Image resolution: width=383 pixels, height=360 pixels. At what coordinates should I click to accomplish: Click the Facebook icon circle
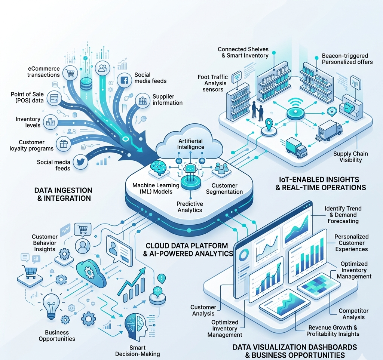[x=124, y=79]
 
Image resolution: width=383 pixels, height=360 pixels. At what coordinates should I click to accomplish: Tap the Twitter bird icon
[x=79, y=161]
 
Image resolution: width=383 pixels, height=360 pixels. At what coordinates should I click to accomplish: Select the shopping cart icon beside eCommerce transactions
[x=70, y=73]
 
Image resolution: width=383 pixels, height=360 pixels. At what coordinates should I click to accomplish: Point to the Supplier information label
[x=167, y=99]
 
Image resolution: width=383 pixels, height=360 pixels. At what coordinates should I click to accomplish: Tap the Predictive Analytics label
[x=190, y=207]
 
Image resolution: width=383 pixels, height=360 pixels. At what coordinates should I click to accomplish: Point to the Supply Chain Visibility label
[x=350, y=157]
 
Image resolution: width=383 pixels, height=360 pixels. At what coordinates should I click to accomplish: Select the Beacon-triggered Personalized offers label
[x=347, y=59]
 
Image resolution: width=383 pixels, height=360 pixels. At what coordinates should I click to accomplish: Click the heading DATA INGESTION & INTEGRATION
[x=63, y=194]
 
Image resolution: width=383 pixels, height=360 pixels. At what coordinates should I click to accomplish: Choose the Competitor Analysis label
[x=353, y=314]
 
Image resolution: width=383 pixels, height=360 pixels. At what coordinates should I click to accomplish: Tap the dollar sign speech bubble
[x=162, y=278]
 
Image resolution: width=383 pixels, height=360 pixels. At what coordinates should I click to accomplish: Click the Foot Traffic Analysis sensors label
[x=213, y=83]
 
